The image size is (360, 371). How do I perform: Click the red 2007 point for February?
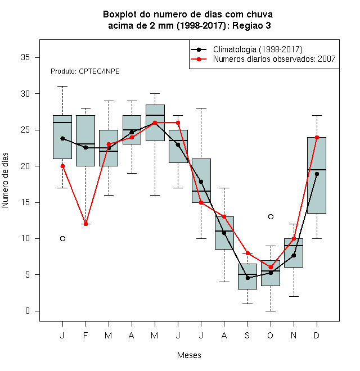pyautogui.click(x=85, y=224)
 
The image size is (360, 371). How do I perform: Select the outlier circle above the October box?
pyautogui.click(x=271, y=217)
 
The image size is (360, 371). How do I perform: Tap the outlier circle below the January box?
pyautogui.click(x=62, y=238)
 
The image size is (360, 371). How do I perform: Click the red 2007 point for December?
pyautogui.click(x=317, y=137)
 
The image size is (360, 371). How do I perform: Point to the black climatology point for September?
pyautogui.click(x=247, y=278)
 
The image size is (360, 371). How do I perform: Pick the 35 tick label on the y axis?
pyautogui.click(x=25, y=57)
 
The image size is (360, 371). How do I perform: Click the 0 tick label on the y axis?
pyautogui.click(x=28, y=311)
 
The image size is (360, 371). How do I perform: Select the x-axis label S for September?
pyautogui.click(x=247, y=335)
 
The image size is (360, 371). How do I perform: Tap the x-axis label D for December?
pyautogui.click(x=317, y=335)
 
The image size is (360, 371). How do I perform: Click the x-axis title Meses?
pyautogui.click(x=189, y=355)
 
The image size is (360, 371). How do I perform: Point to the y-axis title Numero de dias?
pyautogui.click(x=5, y=180)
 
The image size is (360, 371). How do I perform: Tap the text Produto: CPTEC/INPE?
pyautogui.click(x=85, y=71)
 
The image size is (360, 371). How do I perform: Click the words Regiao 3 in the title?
pyautogui.click(x=251, y=25)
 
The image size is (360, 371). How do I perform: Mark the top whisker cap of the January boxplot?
pyautogui.click(x=62, y=87)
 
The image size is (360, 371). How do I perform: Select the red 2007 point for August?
pyautogui.click(x=224, y=217)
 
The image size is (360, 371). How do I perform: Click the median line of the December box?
pyautogui.click(x=317, y=170)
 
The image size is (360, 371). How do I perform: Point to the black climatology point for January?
pyautogui.click(x=62, y=138)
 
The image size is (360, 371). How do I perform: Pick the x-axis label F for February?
pyautogui.click(x=85, y=335)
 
